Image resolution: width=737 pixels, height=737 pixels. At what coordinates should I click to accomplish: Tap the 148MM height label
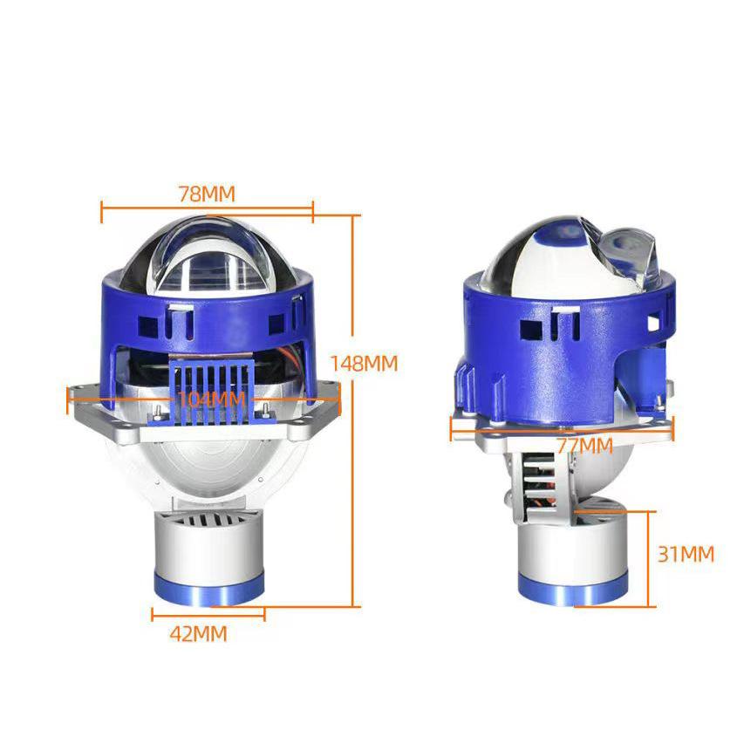point(364,363)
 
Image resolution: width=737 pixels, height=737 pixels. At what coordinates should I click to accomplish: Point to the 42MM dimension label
point(198,634)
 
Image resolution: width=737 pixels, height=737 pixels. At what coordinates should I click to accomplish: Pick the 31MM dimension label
point(686,554)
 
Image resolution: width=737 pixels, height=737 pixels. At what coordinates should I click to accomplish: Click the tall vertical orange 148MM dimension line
point(354,410)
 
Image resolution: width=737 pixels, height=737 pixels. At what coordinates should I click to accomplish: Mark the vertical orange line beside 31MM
point(650,558)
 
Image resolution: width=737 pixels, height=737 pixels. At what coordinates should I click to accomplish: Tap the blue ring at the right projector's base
point(571,591)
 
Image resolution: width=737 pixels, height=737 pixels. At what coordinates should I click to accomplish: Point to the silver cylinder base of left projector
point(207,549)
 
